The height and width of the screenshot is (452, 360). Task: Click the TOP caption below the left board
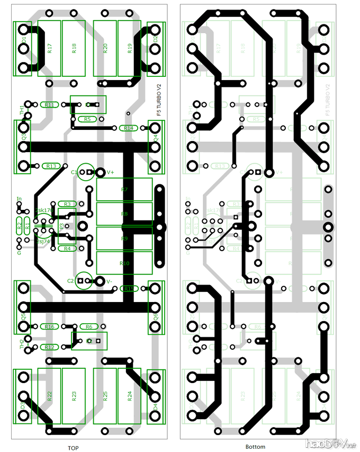(x=73, y=448)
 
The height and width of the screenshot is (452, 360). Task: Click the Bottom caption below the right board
(x=255, y=447)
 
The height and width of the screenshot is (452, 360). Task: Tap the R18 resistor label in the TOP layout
(x=74, y=49)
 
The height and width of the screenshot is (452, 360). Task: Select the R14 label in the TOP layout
(x=128, y=128)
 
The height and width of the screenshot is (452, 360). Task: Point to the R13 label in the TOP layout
(x=51, y=166)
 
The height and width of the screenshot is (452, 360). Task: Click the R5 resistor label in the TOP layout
(x=87, y=119)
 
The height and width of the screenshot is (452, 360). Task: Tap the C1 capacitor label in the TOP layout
(x=74, y=172)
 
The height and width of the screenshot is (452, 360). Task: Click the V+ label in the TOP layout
(x=111, y=172)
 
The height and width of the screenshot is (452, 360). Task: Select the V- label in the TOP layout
(x=110, y=281)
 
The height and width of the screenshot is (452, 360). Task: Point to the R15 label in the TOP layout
(x=128, y=288)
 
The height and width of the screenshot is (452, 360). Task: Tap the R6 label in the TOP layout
(x=88, y=326)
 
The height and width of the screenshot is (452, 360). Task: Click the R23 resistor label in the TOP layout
(x=74, y=395)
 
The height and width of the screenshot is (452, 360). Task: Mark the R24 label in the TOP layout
(x=129, y=395)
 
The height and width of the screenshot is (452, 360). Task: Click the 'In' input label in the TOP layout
(x=19, y=200)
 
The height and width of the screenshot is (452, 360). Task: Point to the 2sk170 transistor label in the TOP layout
(x=43, y=210)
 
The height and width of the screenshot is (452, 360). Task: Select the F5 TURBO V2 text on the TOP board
(x=157, y=100)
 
